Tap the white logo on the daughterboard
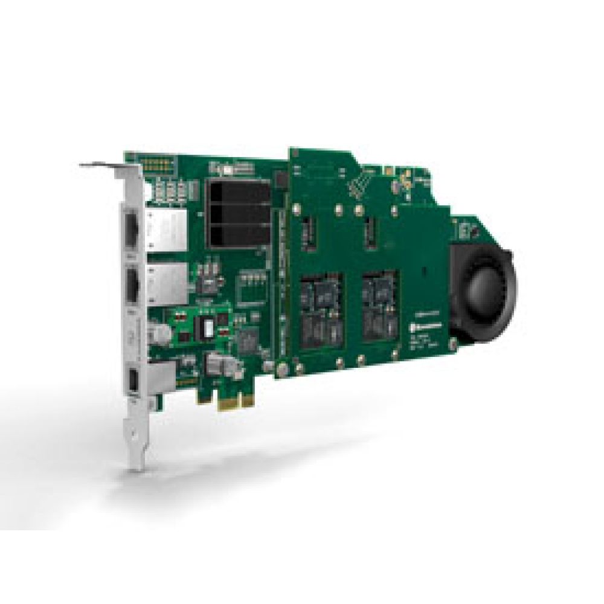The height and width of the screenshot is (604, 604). [429, 326]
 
